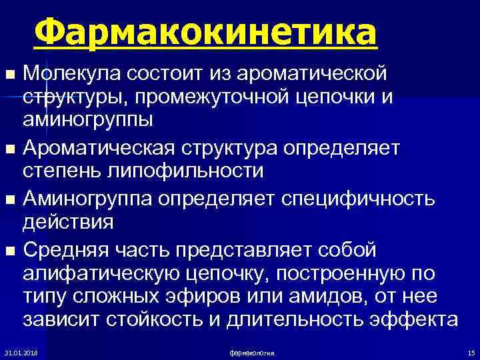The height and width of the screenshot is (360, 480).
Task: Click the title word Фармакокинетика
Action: point(205,32)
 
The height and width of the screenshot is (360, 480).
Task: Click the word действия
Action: point(69,223)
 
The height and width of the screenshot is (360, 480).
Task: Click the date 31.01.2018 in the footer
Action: point(21,352)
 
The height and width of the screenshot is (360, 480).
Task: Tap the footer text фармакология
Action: point(252,352)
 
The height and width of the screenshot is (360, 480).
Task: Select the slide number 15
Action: point(471,352)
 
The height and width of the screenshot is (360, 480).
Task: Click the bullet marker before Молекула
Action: point(9,72)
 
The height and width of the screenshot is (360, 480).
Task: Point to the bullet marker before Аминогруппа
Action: point(9,199)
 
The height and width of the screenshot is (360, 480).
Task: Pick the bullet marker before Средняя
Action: point(9,250)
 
